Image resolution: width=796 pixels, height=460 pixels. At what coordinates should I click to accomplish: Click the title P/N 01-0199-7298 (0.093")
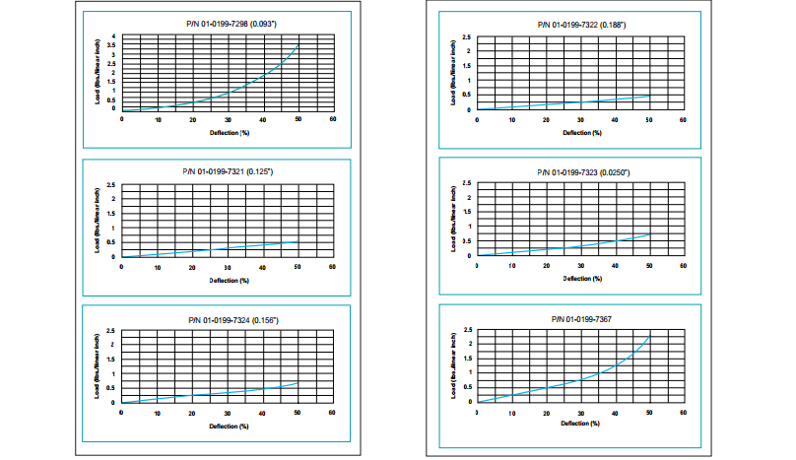(227, 24)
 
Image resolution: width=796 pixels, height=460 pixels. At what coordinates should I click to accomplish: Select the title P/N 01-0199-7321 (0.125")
(227, 172)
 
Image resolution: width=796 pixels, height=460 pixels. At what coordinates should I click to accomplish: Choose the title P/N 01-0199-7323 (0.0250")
(582, 171)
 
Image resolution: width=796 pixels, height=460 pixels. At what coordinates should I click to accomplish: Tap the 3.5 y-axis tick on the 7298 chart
(113, 45)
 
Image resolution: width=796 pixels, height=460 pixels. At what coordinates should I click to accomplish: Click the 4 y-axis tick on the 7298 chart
(114, 36)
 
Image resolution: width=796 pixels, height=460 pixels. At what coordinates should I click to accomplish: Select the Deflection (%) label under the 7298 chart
(230, 131)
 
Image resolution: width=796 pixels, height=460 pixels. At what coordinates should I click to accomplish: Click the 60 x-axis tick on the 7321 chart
(332, 267)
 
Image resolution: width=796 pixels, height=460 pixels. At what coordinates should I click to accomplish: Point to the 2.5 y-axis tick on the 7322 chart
(467, 36)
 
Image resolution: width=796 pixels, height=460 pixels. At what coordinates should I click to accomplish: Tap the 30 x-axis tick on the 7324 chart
(227, 412)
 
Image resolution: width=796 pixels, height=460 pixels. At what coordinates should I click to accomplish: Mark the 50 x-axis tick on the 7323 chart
(648, 266)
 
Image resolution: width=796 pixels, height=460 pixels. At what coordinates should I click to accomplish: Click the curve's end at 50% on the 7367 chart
(649, 336)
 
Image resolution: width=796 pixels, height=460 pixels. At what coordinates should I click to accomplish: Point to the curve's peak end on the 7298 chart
(298, 45)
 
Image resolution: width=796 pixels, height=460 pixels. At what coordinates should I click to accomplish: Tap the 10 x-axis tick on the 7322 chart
(511, 119)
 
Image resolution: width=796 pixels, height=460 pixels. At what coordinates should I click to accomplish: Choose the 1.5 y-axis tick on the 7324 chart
(113, 360)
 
